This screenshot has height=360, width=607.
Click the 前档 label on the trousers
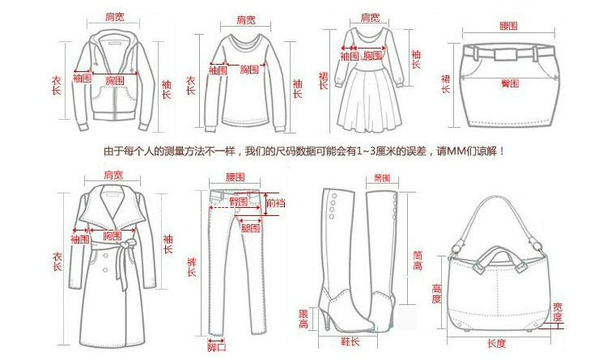[275, 205]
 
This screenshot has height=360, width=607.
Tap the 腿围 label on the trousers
[250, 229]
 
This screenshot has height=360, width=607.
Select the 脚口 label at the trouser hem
[215, 347]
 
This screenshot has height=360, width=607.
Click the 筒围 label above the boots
[383, 177]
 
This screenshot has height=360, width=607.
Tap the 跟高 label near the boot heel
[304, 319]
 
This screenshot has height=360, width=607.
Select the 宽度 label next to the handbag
[558, 311]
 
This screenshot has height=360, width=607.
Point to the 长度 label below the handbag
[496, 344]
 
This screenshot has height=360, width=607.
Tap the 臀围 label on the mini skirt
[510, 83]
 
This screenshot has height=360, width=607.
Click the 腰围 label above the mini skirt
[509, 27]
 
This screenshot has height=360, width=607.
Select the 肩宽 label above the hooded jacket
[115, 17]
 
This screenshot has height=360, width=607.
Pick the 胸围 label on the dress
[371, 56]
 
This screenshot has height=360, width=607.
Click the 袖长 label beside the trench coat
[168, 244]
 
